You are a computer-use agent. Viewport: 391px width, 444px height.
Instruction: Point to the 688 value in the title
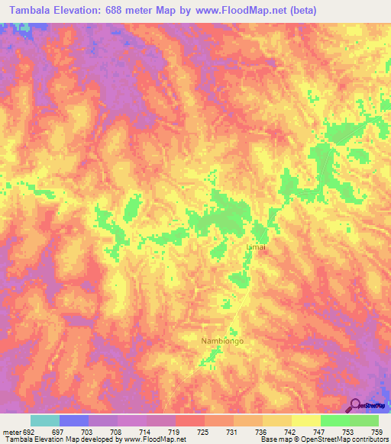pos(122,11)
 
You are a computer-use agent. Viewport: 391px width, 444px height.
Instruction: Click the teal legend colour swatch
pos(45,420)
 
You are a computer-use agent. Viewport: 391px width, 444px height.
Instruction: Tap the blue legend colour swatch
pos(74,420)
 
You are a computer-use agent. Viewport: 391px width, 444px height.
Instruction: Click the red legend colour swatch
pos(190,420)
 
